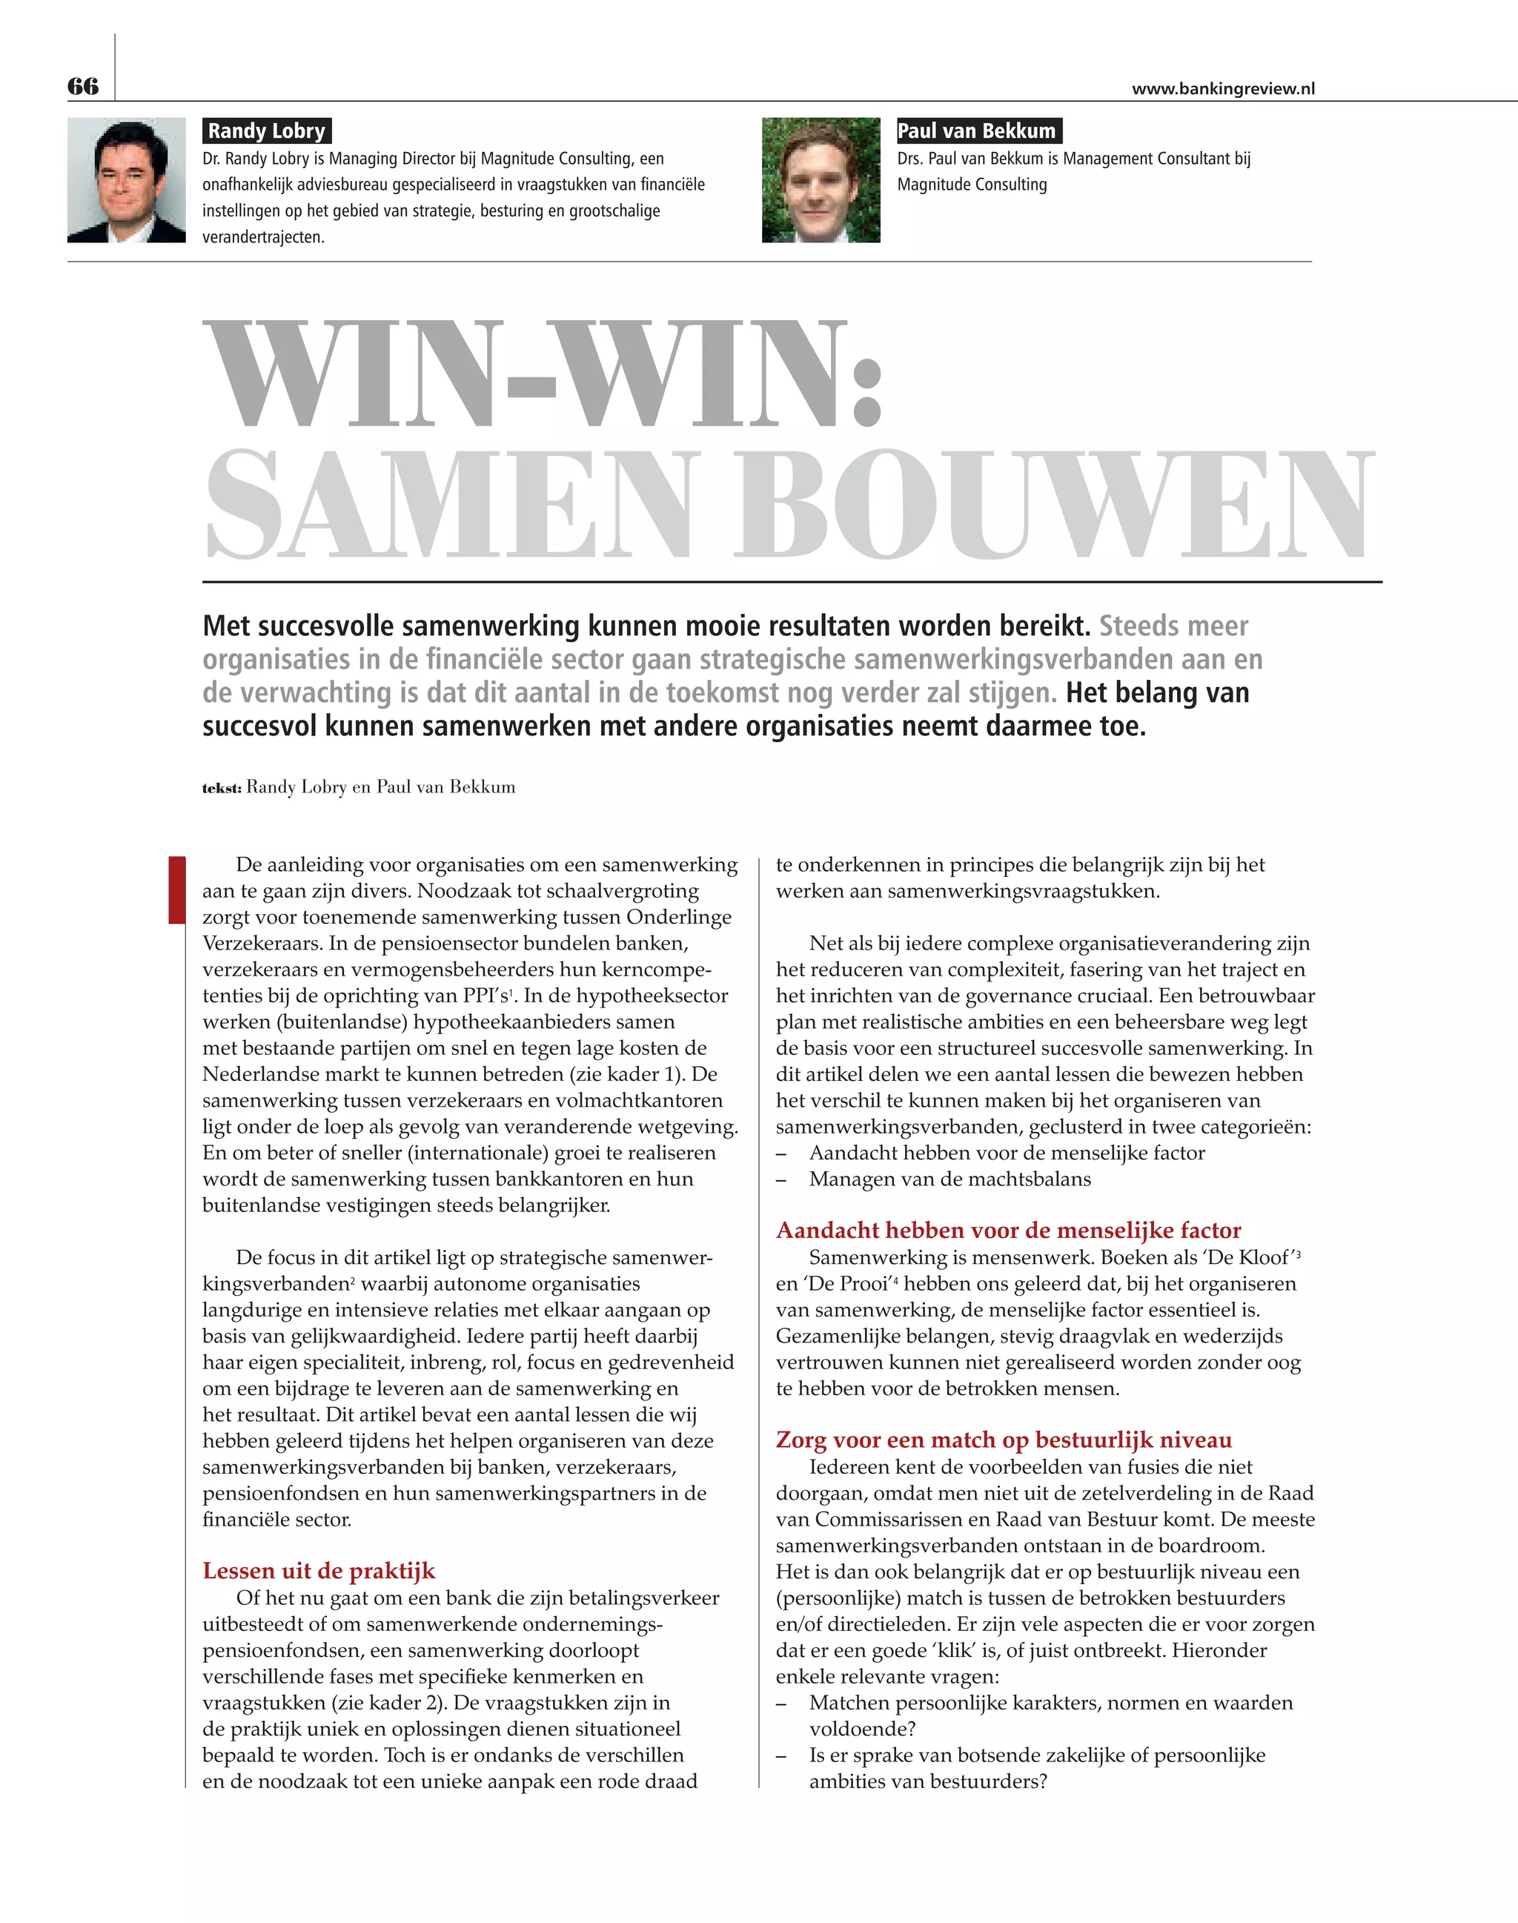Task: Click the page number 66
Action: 83,86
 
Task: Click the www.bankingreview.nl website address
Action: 1223,89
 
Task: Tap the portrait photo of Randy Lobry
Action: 126,180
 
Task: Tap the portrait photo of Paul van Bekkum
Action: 821,180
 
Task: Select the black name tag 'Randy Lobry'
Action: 267,130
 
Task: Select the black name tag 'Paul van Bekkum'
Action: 978,130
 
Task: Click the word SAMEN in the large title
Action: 448,505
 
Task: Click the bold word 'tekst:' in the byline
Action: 222,788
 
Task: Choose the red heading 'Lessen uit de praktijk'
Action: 318,1571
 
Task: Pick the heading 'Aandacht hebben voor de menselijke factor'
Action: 1008,1231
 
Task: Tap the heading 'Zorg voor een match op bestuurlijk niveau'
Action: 1004,1440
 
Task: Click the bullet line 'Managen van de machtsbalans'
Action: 949,1179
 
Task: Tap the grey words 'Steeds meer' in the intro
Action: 1173,626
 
